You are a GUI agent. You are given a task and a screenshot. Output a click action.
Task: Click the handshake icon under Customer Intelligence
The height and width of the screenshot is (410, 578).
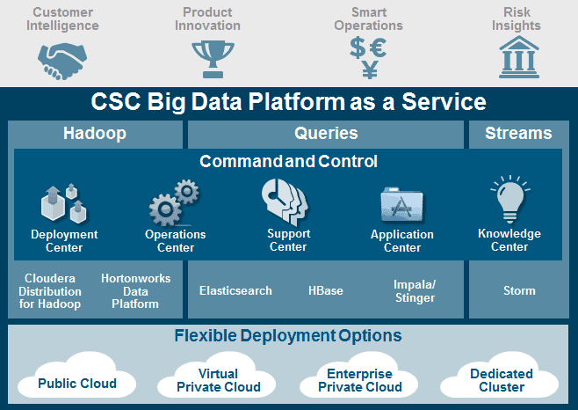62,61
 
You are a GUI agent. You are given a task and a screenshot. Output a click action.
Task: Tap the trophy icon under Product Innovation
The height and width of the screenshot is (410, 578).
213,59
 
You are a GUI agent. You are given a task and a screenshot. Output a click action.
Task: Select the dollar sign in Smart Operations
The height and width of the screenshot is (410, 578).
358,48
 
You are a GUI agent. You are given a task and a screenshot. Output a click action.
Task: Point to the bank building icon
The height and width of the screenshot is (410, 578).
519,57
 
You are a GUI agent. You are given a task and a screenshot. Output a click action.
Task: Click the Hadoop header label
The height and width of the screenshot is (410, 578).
95,133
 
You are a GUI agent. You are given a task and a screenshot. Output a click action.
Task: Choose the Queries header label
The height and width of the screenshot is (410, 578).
326,133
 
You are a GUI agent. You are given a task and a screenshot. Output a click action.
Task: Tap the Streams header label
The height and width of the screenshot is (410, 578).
518,133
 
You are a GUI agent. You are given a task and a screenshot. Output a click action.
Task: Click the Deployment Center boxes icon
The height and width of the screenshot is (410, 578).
64,203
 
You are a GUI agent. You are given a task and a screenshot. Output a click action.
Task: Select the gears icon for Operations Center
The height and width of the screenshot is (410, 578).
174,202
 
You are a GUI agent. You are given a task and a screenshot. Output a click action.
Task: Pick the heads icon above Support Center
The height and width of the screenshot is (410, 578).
285,201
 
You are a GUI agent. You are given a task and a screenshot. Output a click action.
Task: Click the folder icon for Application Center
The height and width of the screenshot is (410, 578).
402,205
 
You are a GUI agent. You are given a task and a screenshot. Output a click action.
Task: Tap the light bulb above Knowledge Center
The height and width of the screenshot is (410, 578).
510,200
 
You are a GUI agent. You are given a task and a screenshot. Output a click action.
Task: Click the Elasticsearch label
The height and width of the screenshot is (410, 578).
235,290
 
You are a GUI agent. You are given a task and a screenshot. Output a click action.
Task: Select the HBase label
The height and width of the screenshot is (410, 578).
326,290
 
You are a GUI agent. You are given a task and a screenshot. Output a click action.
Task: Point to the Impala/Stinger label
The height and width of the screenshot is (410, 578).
415,291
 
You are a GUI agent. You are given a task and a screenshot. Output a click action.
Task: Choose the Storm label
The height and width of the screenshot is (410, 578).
519,290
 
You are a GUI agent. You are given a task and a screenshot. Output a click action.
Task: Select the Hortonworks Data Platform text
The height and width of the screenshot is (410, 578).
135,291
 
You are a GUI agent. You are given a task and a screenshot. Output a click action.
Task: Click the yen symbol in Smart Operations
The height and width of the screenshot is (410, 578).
370,70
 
